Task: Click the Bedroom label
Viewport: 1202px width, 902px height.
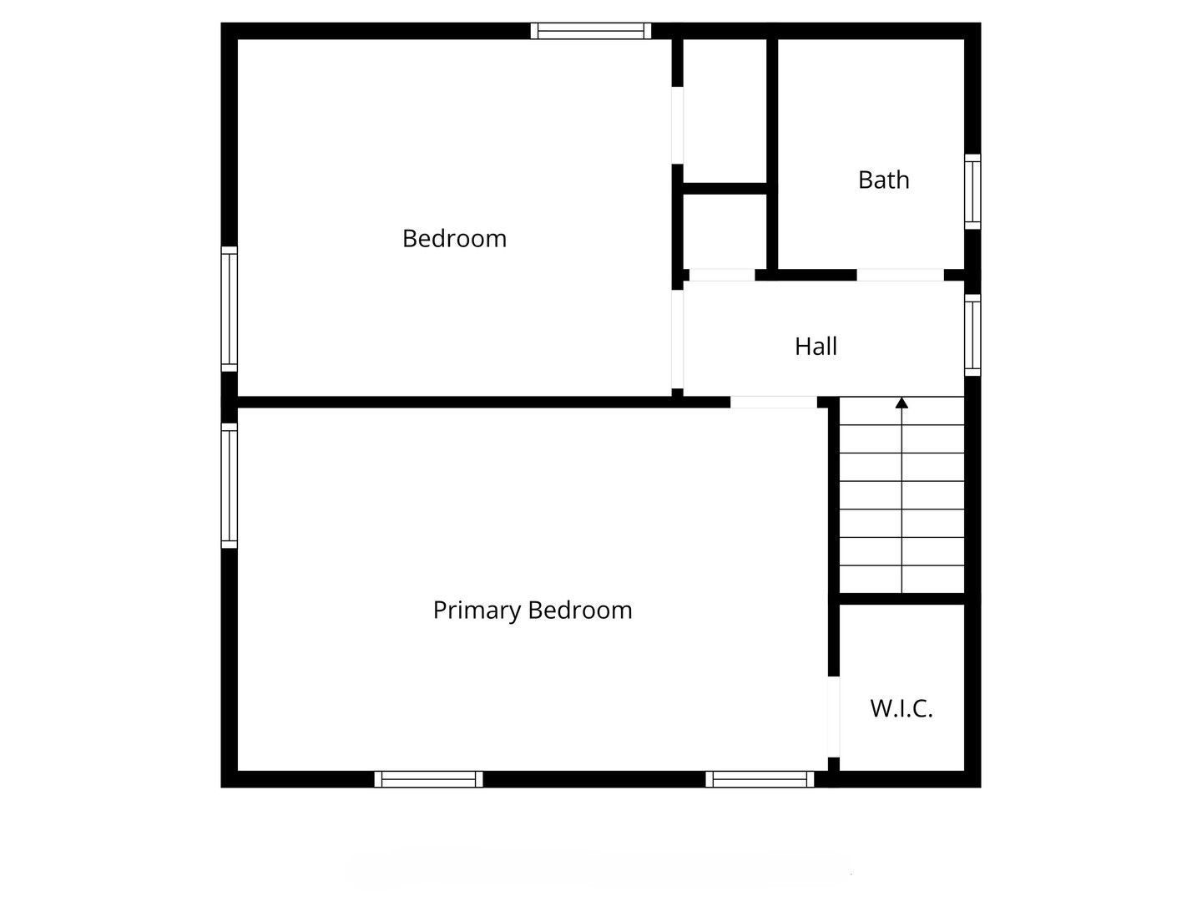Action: pyautogui.click(x=454, y=239)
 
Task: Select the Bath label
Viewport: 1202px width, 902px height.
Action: pyautogui.click(x=883, y=180)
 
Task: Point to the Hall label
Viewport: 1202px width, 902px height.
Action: pyautogui.click(x=816, y=347)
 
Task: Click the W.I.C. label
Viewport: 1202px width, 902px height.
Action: pyautogui.click(x=901, y=709)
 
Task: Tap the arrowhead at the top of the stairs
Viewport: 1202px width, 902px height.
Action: pyautogui.click(x=901, y=403)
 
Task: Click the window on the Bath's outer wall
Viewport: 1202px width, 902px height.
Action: pyautogui.click(x=972, y=191)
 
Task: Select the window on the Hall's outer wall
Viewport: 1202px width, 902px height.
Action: pyautogui.click(x=972, y=334)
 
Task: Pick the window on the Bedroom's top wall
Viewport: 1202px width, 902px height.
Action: pyautogui.click(x=590, y=31)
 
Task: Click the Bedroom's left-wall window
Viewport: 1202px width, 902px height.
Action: pyautogui.click(x=229, y=309)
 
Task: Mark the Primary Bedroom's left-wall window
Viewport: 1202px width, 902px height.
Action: pyautogui.click(x=229, y=485)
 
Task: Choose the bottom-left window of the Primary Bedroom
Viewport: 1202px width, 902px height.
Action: pyautogui.click(x=428, y=779)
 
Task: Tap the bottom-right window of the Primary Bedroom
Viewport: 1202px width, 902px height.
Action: pyautogui.click(x=760, y=779)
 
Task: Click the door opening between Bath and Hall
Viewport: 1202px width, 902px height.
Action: pyautogui.click(x=900, y=275)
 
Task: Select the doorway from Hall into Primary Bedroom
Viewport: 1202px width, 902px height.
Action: pyautogui.click(x=773, y=403)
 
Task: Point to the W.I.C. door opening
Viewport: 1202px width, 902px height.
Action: pyautogui.click(x=833, y=717)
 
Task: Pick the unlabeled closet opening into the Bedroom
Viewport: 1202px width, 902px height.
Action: pyautogui.click(x=678, y=125)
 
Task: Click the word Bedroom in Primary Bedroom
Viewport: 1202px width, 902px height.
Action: pyautogui.click(x=580, y=611)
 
